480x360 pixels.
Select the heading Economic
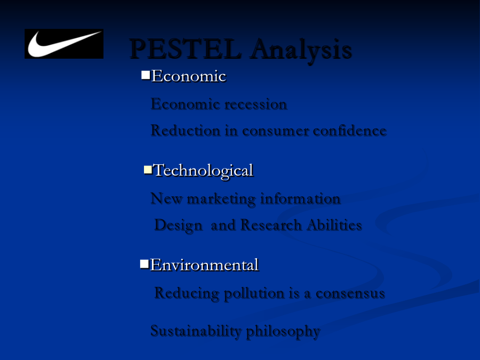pyautogui.click(x=189, y=76)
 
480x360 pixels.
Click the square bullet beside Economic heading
pyautogui.click(x=146, y=75)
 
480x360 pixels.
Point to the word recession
pyautogui.click(x=256, y=104)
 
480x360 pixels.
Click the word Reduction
pyautogui.click(x=186, y=131)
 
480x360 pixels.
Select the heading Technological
pyautogui.click(x=203, y=171)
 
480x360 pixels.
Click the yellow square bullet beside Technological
pyautogui.click(x=148, y=170)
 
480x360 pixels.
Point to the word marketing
pyautogui.click(x=221, y=199)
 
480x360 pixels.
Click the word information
pyautogui.click(x=300, y=199)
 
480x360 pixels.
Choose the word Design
pyautogui.click(x=179, y=226)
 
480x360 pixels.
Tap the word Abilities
pyautogui.click(x=334, y=225)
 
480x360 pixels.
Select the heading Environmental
pyautogui.click(x=204, y=265)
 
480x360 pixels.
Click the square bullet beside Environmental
pyautogui.click(x=145, y=264)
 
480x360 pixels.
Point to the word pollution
pyautogui.click(x=254, y=293)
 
